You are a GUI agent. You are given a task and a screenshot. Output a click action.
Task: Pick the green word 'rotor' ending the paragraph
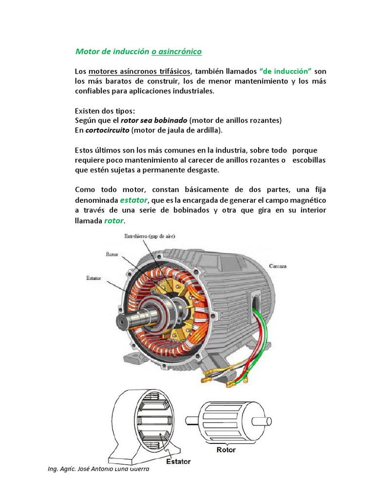[x=114, y=221]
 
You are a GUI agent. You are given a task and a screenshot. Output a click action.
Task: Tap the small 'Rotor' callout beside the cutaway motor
[x=112, y=254]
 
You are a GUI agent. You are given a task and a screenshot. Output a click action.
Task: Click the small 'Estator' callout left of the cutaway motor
[x=94, y=278]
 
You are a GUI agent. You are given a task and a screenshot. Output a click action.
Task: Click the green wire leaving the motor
[x=266, y=336]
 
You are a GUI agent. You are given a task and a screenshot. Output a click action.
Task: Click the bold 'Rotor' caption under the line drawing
[x=226, y=450]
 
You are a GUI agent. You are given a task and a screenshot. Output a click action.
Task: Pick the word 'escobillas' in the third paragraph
[x=308, y=160]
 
